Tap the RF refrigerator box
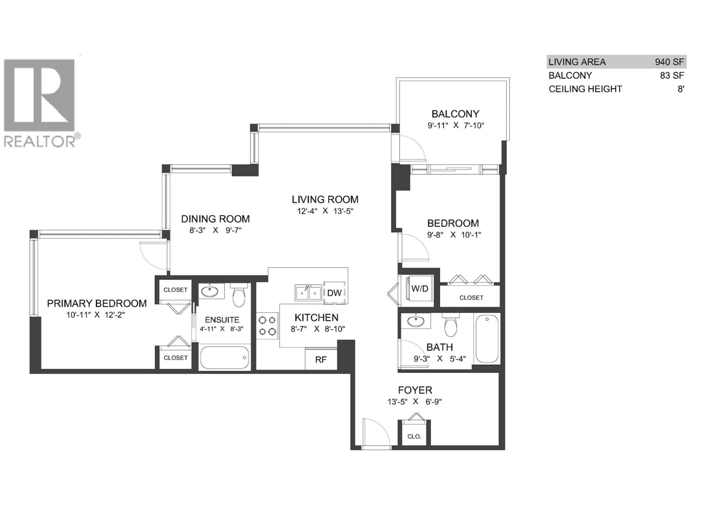tap(321, 360)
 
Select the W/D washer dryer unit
tap(419, 289)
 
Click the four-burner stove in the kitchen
tap(267, 326)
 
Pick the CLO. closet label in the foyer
tap(414, 436)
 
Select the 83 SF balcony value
tap(672, 75)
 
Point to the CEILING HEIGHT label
tap(585, 89)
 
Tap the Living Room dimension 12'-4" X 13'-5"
tap(325, 211)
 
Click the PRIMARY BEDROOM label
tap(97, 303)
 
